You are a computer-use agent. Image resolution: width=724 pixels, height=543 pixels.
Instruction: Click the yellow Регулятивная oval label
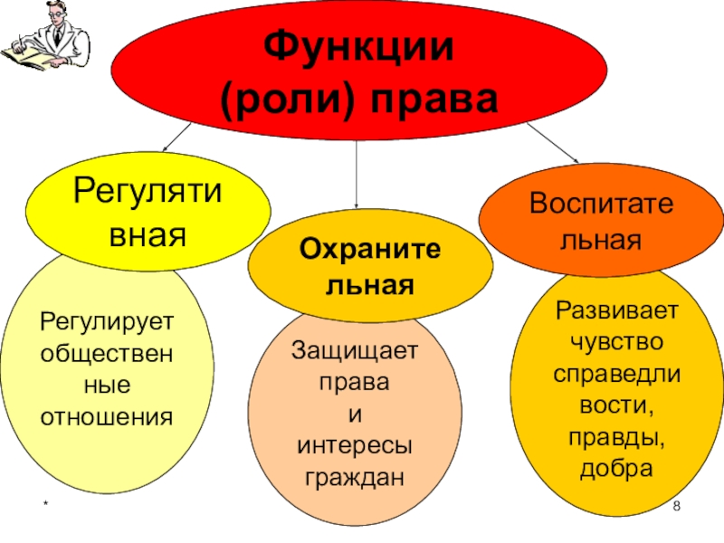point(148,214)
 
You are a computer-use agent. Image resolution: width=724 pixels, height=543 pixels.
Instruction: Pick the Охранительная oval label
point(371,269)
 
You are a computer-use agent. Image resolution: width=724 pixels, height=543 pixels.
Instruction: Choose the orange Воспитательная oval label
point(602,219)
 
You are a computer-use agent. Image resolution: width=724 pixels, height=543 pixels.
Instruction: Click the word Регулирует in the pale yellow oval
point(107,322)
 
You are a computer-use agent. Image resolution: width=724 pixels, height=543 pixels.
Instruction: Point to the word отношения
point(107,417)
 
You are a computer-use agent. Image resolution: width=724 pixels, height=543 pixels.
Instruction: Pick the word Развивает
point(615,311)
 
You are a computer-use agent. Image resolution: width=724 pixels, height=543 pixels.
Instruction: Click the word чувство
point(615,343)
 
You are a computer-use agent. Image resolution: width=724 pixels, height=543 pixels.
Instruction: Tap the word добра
point(616,470)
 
